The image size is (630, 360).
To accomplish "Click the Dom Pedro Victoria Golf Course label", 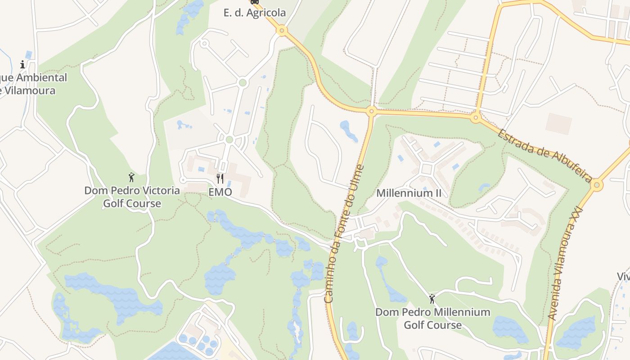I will point(132,197).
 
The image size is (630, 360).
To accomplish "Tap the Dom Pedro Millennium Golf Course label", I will point(432,318).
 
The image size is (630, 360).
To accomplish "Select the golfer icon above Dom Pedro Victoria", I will point(131,177).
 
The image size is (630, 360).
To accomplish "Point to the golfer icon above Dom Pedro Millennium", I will point(432,298).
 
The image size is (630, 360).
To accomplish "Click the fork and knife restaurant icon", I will point(220,179).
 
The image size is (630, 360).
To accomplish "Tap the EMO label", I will point(220,192).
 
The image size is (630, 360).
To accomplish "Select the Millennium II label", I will point(409,193).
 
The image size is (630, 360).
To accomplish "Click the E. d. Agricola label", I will point(255,13).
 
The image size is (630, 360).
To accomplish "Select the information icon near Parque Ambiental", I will point(22,64).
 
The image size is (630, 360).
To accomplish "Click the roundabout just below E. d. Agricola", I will point(282,31).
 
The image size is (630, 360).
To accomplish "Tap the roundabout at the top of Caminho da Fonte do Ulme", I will point(371,111).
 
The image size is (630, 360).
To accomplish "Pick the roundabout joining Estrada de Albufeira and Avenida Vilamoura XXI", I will point(597,184).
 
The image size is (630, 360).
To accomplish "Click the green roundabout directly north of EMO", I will point(229,139).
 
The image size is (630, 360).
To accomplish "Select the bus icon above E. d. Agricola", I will point(255,2).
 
